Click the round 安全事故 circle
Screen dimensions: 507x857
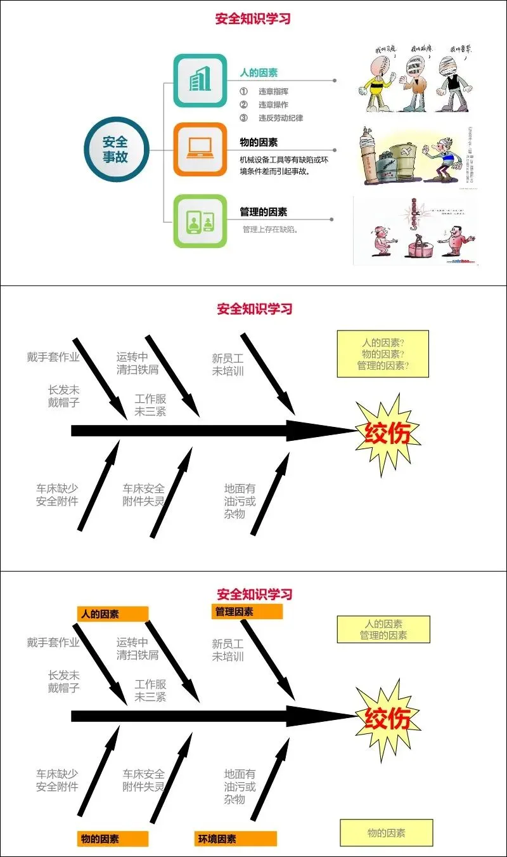pos(115,150)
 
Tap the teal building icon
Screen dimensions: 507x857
pos(200,81)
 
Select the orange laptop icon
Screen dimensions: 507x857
pos(200,149)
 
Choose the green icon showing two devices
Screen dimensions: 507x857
pos(200,221)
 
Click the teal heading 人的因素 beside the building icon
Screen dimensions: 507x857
pos(259,73)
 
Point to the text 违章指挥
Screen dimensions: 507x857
pos(273,91)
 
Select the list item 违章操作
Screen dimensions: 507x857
pos(273,105)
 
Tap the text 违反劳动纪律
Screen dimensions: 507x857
pos(281,118)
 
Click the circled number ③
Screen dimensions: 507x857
pos(243,118)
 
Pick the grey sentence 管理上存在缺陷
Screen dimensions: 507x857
pos(271,229)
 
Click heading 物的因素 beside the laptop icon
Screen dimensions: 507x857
pos(259,142)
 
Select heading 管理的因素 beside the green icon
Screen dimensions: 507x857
pos(263,212)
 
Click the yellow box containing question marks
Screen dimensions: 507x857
pos(382,354)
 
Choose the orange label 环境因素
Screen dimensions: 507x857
pos(235,839)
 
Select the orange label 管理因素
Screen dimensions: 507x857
pos(247,612)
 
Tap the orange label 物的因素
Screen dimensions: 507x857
pos(113,839)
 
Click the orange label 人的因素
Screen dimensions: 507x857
pos(113,613)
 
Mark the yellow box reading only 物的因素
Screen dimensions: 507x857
pos(386,833)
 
